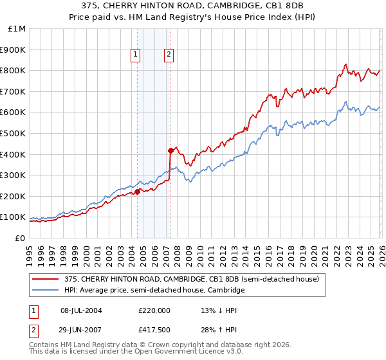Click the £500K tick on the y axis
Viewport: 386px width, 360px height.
point(14,133)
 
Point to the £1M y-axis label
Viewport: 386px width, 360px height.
point(17,29)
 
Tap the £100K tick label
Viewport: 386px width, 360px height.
point(14,217)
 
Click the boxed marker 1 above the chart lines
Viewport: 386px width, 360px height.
point(136,55)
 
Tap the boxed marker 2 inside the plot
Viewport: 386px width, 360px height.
point(169,55)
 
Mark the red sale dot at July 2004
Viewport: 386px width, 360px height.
point(138,191)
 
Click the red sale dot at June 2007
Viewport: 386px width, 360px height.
point(170,150)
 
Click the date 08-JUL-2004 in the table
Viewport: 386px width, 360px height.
point(81,310)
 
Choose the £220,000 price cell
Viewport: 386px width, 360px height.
point(154,310)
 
